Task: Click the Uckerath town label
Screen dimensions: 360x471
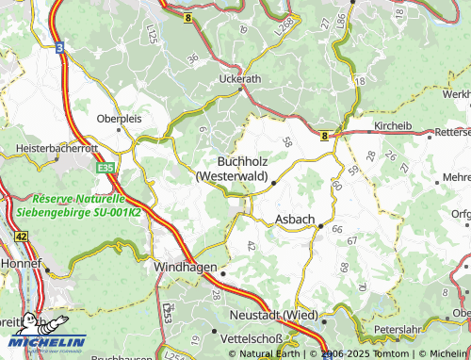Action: point(238,79)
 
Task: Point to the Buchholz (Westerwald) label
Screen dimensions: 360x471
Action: point(233,168)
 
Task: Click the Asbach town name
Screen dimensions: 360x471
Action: point(295,219)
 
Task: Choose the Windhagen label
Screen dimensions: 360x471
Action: point(185,267)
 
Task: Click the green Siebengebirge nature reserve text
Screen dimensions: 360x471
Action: point(78,205)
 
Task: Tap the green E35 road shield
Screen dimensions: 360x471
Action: point(106,168)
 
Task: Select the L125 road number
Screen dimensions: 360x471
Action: point(151,36)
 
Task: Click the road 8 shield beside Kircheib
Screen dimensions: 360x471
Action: point(326,135)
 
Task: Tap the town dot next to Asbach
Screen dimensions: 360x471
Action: point(321,226)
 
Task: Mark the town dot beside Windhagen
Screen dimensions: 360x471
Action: point(224,273)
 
